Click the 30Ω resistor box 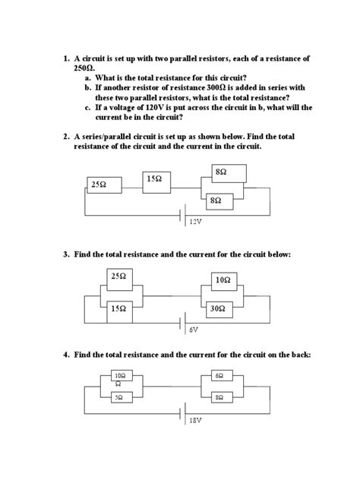(219, 308)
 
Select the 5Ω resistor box (120, 396)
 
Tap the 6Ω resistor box (219, 376)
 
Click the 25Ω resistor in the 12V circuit (97, 185)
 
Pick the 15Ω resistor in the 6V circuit (118, 308)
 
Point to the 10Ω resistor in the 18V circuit (120, 377)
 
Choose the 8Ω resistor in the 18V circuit (219, 396)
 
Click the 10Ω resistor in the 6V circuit (221, 280)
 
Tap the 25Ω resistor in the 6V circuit (118, 277)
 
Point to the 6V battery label (194, 330)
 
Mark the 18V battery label (196, 418)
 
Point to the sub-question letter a (87, 77)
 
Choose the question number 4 (66, 354)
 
